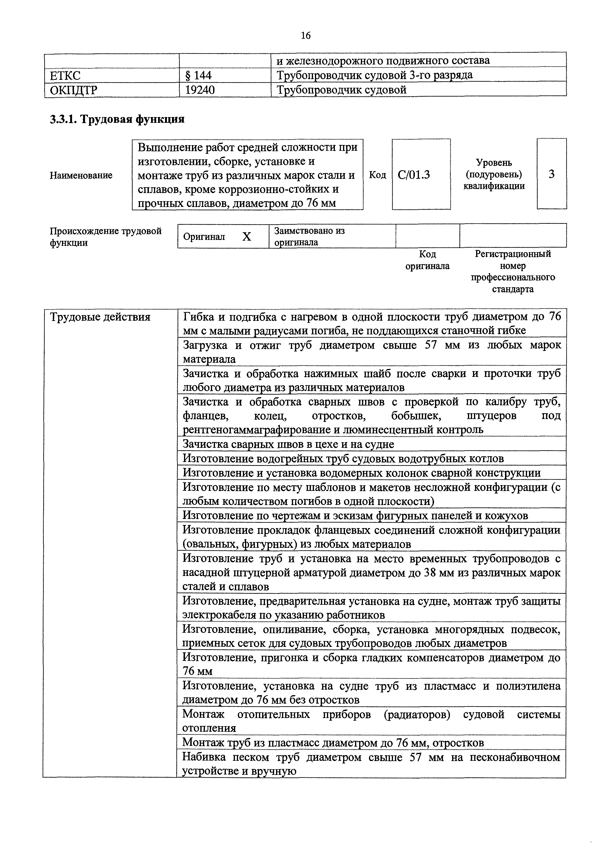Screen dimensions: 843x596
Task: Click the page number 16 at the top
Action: [305, 35]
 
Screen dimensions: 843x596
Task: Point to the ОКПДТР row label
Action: [74, 90]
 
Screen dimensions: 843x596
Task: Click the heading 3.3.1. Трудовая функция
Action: [117, 119]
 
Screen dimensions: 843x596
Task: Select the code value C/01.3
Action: [414, 175]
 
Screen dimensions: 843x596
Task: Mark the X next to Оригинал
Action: [247, 237]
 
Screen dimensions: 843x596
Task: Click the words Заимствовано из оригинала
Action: [309, 237]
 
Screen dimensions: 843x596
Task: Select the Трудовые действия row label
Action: [100, 317]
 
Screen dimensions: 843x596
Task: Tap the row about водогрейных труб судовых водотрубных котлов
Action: [343, 459]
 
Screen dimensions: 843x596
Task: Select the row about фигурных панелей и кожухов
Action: [355, 516]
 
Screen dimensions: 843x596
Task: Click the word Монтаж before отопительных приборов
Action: [203, 714]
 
